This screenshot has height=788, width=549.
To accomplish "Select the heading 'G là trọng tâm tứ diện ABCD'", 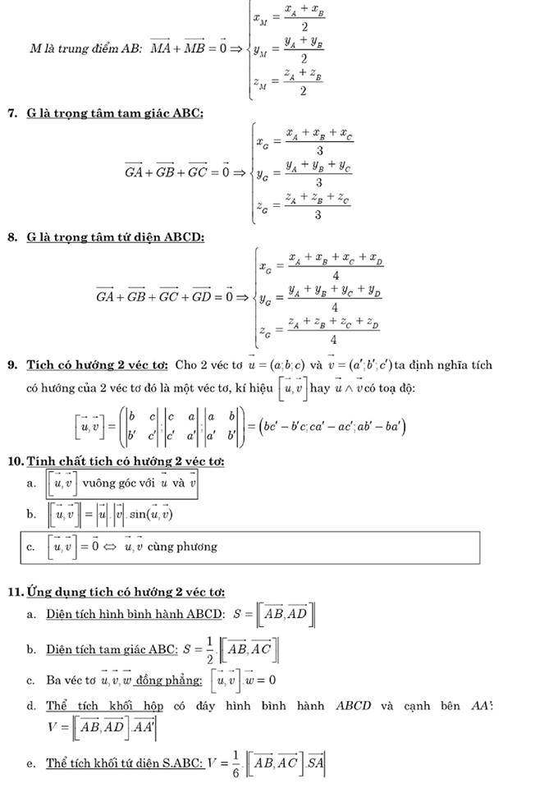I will [x=115, y=237].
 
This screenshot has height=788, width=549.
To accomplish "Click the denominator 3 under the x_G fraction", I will [x=319, y=151].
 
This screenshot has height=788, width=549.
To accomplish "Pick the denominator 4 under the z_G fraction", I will [x=334, y=339].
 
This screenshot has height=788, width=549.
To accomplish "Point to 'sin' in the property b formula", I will [x=137, y=515].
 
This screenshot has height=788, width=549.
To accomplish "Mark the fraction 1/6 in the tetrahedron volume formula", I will [x=236, y=763].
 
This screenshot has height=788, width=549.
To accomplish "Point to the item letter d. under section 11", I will [x=30, y=706].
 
